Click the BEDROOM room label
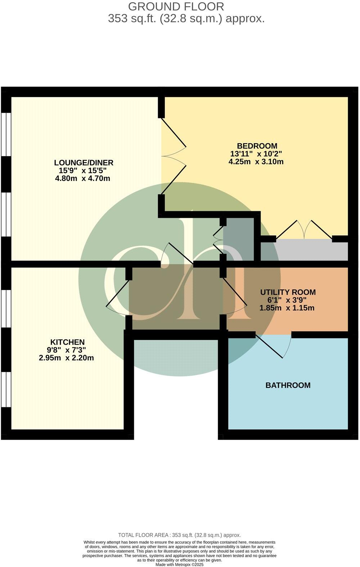coord(257,146)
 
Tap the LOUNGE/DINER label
coord(84,162)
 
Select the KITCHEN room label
coord(67,342)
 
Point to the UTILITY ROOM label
coord(288,292)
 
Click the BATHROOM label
coord(288,385)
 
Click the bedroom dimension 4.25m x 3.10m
coord(256,162)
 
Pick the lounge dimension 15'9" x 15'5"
coord(83,171)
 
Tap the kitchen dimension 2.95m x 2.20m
coord(66,358)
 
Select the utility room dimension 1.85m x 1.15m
coord(287,308)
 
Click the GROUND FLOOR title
coord(176,6)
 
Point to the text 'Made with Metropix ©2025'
coord(179,565)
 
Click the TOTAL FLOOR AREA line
coord(179,535)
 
